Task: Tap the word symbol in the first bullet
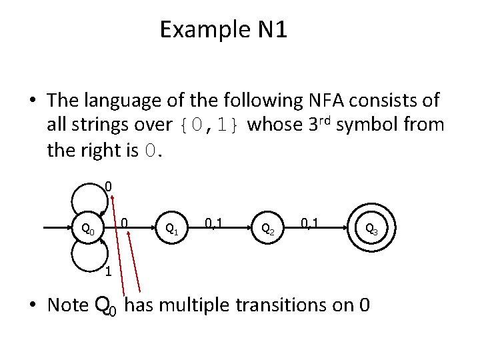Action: point(367,125)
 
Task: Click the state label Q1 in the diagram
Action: point(171,229)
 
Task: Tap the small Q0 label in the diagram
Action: point(87,230)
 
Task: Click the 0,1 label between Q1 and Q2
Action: point(214,221)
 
